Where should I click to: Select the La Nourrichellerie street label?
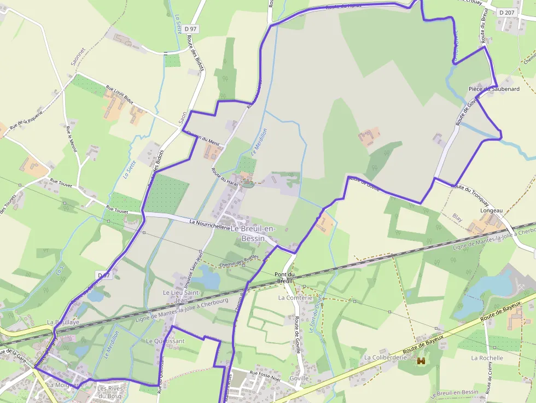(209, 223)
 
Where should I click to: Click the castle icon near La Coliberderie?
(421, 361)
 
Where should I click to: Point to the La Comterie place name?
(295, 298)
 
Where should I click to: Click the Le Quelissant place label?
(165, 341)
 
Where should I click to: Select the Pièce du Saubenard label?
(494, 89)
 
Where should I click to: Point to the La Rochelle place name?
(487, 358)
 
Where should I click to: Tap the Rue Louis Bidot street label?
(119, 95)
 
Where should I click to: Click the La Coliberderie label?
(386, 358)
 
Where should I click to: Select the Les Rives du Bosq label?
(109, 392)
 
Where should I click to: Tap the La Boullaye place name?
(63, 323)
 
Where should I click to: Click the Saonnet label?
(75, 55)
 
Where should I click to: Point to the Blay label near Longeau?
(457, 218)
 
